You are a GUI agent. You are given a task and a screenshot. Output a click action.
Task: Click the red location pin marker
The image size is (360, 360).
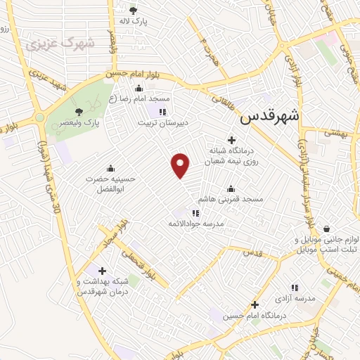(181, 165)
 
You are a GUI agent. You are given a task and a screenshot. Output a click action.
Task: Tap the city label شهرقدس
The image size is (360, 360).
(270, 118)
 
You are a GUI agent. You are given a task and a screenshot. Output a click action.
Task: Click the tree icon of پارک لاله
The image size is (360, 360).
(133, 10)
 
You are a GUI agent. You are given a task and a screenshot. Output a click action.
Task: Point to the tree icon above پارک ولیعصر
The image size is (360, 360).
(79, 110)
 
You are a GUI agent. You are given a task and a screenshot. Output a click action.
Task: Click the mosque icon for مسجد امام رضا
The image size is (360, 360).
(139, 89)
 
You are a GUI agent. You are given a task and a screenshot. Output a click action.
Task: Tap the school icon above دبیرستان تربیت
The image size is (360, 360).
(162, 111)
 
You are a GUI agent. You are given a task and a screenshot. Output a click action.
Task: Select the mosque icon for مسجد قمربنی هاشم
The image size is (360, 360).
(231, 189)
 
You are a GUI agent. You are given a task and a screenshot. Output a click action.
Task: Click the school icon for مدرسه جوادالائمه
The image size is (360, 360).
(196, 212)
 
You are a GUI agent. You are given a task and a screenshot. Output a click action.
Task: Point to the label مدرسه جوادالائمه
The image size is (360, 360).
(212, 223)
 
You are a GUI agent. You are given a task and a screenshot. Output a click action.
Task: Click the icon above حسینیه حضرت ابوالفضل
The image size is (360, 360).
(110, 169)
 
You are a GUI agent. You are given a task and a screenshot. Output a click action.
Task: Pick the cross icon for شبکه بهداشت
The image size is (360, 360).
(103, 270)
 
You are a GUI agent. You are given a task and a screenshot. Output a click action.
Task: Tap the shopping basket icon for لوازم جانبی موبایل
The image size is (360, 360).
(327, 229)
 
